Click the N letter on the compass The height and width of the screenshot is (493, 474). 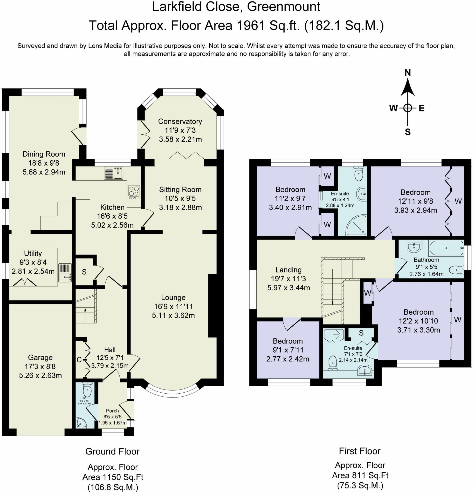(407, 72)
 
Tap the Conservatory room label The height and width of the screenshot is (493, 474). (180, 121)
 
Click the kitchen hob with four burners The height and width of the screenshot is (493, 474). (134, 192)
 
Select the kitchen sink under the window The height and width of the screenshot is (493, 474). (113, 173)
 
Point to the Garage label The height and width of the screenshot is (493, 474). (40, 357)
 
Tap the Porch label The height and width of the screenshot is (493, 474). (112, 410)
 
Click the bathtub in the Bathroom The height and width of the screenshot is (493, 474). (446, 248)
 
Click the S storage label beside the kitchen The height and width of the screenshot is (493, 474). (84, 272)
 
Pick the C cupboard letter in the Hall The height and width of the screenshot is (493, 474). (79, 360)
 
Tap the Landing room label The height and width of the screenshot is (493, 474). (288, 270)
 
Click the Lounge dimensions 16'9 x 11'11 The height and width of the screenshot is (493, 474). (173, 306)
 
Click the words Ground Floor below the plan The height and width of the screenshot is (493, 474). (112, 452)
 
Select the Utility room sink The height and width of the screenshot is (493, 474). (65, 273)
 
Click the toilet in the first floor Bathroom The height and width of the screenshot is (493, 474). (457, 270)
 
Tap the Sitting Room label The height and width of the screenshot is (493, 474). (180, 189)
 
